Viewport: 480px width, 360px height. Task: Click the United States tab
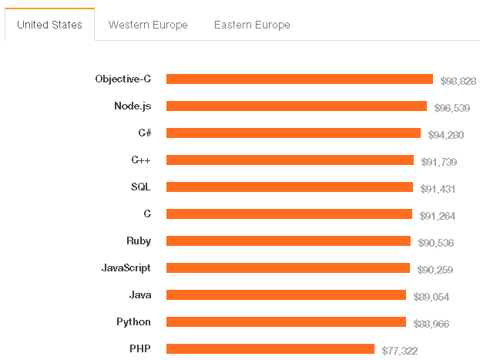(49, 25)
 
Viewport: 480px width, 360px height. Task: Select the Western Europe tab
(148, 25)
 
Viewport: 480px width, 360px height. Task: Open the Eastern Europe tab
(251, 25)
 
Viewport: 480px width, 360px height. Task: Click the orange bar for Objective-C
(299, 79)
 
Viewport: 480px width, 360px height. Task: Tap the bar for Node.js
(296, 106)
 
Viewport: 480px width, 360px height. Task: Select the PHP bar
(270, 348)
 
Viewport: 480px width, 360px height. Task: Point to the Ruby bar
(288, 241)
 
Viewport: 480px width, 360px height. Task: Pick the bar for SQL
(289, 187)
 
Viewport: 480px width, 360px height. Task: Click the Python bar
(286, 321)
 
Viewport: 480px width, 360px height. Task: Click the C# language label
(144, 133)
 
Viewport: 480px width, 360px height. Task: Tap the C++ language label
(141, 160)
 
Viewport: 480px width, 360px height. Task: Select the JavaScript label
(126, 267)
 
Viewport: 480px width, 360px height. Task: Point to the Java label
(139, 294)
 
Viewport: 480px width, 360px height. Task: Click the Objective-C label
(123, 79)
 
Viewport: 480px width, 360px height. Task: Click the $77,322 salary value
(400, 351)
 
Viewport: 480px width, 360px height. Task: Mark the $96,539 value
(452, 108)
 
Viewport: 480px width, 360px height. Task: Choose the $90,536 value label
(435, 243)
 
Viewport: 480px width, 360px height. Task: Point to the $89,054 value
(431, 297)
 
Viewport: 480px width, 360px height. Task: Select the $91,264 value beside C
(437, 216)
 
